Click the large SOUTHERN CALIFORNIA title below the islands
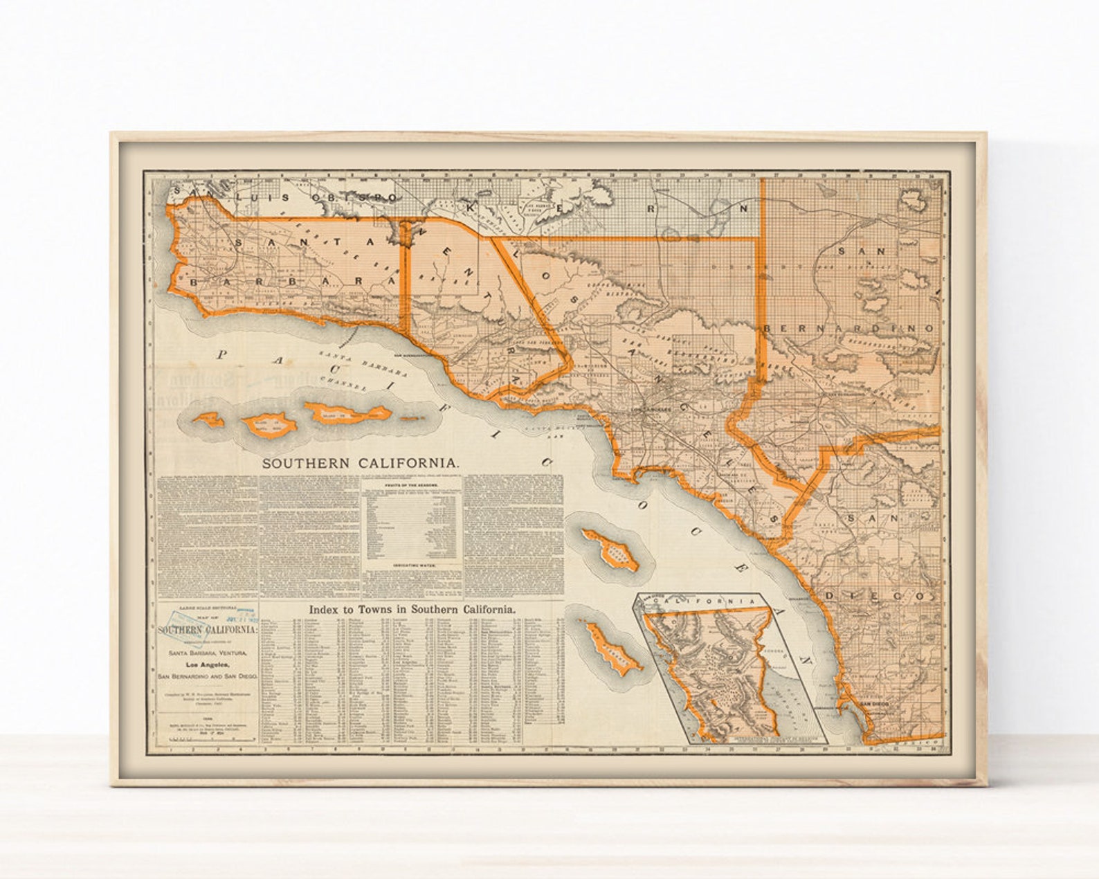pyautogui.click(x=359, y=464)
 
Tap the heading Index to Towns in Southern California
pyautogui.click(x=412, y=610)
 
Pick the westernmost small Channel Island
pyautogui.click(x=208, y=419)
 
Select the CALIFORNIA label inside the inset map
pyautogui.click(x=709, y=602)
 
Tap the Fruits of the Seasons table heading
pyautogui.click(x=413, y=486)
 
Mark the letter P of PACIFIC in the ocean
pyautogui.click(x=222, y=354)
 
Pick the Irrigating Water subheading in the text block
pyautogui.click(x=413, y=565)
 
